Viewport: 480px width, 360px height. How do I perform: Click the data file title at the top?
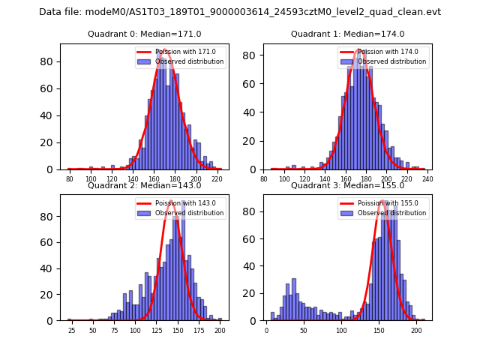240,12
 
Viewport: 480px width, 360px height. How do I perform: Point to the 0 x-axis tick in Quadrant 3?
266,331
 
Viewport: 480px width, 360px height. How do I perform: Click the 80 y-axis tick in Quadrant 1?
254,55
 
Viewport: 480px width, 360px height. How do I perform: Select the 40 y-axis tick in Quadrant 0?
50,115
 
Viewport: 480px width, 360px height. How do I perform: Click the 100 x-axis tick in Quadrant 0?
91,180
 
